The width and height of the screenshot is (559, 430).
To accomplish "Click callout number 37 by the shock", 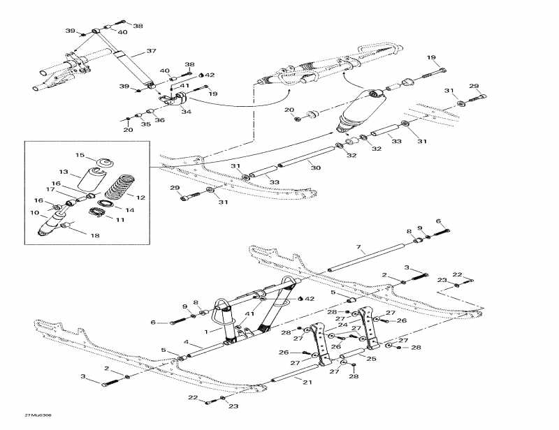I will click(151, 51).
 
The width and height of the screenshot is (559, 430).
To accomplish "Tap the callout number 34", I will click(186, 111).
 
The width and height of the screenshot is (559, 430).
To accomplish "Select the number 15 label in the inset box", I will click(80, 156).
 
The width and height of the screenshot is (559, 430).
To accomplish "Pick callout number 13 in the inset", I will click(64, 172).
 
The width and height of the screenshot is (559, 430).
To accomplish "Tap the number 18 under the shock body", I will click(95, 236).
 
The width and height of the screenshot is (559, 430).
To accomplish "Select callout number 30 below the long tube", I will click(316, 168).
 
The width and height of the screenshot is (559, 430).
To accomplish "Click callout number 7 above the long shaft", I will click(358, 248).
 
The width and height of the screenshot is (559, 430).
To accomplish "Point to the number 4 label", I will click(187, 341).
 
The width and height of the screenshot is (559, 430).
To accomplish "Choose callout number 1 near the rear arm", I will click(206, 331).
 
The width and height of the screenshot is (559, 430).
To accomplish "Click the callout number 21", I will click(307, 382).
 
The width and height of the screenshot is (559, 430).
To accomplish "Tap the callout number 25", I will click(371, 359).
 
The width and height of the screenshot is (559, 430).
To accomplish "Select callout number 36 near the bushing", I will click(159, 120).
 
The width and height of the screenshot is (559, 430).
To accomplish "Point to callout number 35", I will click(145, 124).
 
